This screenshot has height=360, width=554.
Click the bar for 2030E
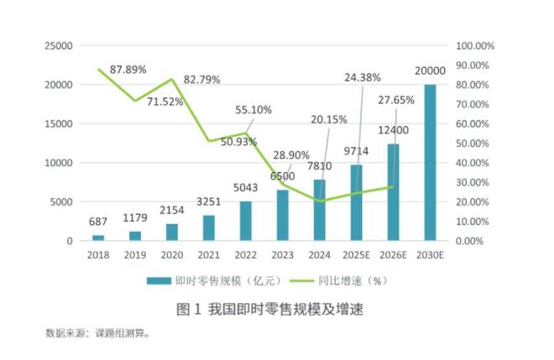point(430,163)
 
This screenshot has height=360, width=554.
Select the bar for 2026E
point(393,192)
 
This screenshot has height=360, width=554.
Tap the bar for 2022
point(245,221)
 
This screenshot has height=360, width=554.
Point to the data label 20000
point(430,71)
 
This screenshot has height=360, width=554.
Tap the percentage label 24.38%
point(362,76)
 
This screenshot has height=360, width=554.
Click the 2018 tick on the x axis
point(98,254)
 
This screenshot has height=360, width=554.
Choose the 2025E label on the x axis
point(356,254)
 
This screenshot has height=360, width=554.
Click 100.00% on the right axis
point(475,45)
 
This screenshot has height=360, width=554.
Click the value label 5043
point(245,190)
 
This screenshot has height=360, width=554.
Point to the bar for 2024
point(319,210)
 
